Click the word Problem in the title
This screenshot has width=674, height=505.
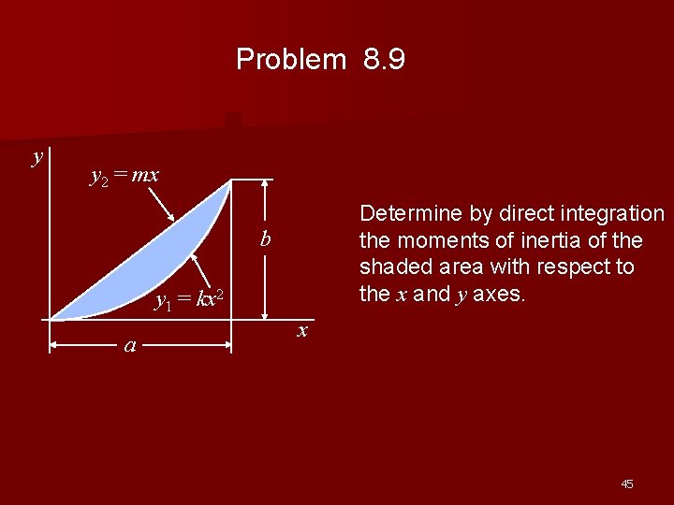point(290,60)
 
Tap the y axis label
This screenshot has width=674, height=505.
point(37,155)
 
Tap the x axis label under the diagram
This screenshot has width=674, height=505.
point(302,331)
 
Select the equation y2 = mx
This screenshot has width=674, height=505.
point(124,175)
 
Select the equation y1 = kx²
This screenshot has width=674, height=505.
point(188,299)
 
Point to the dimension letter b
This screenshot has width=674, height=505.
point(266,240)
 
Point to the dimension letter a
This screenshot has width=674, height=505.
point(131,346)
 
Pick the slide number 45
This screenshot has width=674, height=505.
point(626,483)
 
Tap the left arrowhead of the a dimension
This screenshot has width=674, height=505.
point(55,345)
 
